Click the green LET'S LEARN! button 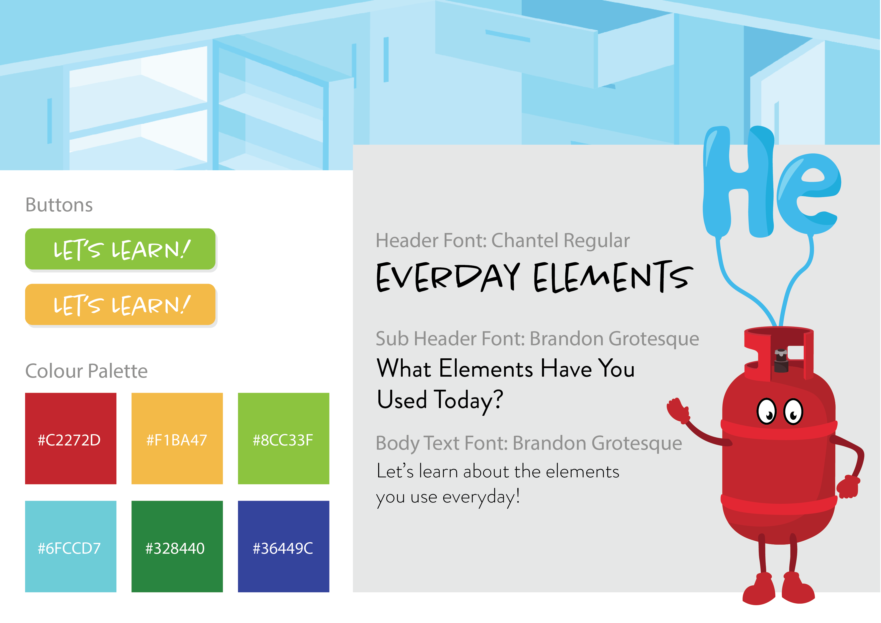click(120, 249)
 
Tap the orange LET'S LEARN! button click(120, 304)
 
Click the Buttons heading click(59, 205)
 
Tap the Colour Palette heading click(86, 371)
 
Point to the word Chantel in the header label click(525, 241)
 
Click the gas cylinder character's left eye click(767, 411)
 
